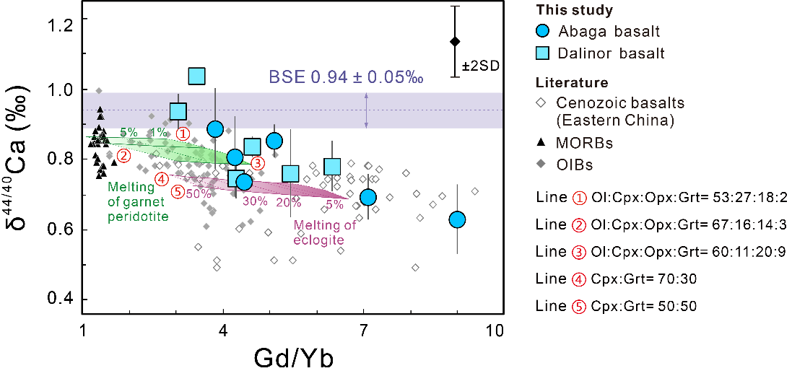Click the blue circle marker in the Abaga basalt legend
(x=544, y=31)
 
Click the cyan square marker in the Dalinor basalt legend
(x=544, y=53)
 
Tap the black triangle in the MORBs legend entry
(x=544, y=143)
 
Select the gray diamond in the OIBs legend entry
(x=544, y=165)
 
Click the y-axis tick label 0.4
(x=61, y=299)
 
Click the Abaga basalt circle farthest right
(x=456, y=219)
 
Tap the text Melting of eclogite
(x=324, y=232)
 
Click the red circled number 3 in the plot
(x=257, y=163)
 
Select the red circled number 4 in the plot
(x=162, y=178)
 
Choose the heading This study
(x=575, y=10)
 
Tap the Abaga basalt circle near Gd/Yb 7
(x=368, y=197)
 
